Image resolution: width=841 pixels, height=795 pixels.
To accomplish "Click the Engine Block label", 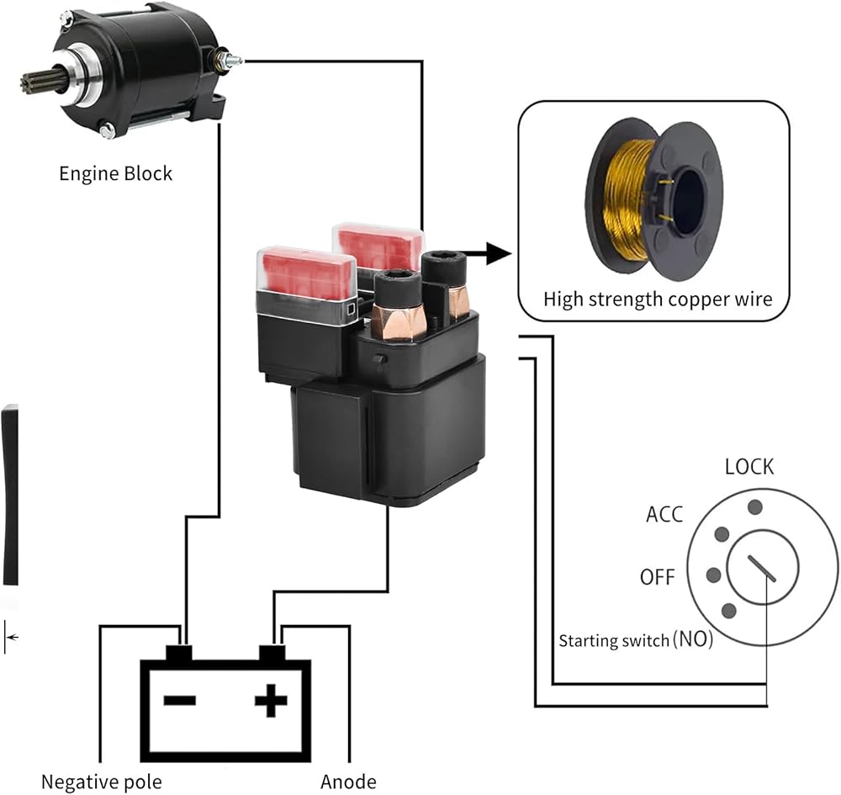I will tap(115, 174).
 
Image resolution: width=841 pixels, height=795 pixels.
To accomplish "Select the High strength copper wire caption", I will tap(657, 299).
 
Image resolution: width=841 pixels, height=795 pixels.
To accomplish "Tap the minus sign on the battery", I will tap(179, 700).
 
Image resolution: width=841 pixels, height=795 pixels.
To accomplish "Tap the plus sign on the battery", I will tap(270, 700).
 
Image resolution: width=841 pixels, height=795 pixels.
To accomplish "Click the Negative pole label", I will tap(101, 782).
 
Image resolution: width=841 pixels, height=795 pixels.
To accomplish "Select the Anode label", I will tap(348, 782).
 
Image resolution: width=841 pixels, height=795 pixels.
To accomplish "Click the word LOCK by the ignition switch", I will tap(748, 467).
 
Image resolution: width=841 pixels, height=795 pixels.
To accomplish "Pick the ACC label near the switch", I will tap(664, 514).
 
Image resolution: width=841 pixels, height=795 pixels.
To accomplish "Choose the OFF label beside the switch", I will tap(658, 577).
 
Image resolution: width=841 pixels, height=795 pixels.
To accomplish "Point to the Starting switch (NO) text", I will tap(636, 640).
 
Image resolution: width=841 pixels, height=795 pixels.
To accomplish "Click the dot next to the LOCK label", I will tap(755, 506).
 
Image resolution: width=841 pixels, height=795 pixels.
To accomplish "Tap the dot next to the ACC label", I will tap(721, 534).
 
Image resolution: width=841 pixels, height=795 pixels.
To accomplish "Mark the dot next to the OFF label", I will tap(714, 575).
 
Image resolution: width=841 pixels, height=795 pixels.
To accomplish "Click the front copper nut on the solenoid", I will tap(398, 321).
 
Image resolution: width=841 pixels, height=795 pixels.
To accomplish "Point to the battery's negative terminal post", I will tap(179, 652).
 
